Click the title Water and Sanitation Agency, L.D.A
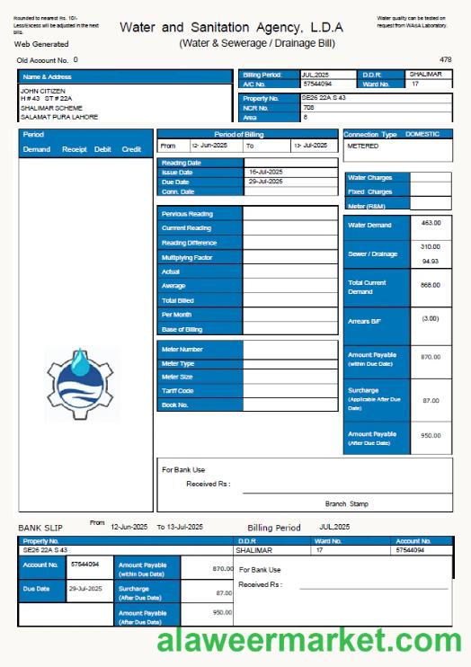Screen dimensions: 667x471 (x=231, y=28)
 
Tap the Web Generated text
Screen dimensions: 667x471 (x=41, y=43)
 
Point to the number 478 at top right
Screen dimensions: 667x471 (x=445, y=59)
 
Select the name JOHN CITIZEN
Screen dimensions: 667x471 (x=42, y=91)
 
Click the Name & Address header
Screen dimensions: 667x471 (x=46, y=77)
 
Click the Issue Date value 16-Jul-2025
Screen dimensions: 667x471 (x=266, y=171)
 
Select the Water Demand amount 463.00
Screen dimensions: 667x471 (x=431, y=223)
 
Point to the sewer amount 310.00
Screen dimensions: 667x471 (x=431, y=246)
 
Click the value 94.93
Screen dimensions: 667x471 (x=431, y=262)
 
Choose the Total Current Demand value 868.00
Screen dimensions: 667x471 (x=431, y=285)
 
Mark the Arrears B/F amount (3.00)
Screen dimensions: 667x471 (x=431, y=318)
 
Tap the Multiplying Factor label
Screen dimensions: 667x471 (x=187, y=257)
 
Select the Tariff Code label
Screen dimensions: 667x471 (x=177, y=391)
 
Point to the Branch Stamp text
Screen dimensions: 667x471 (x=346, y=504)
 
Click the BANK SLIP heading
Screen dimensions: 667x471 (x=41, y=527)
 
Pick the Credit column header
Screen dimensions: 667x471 (x=131, y=149)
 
